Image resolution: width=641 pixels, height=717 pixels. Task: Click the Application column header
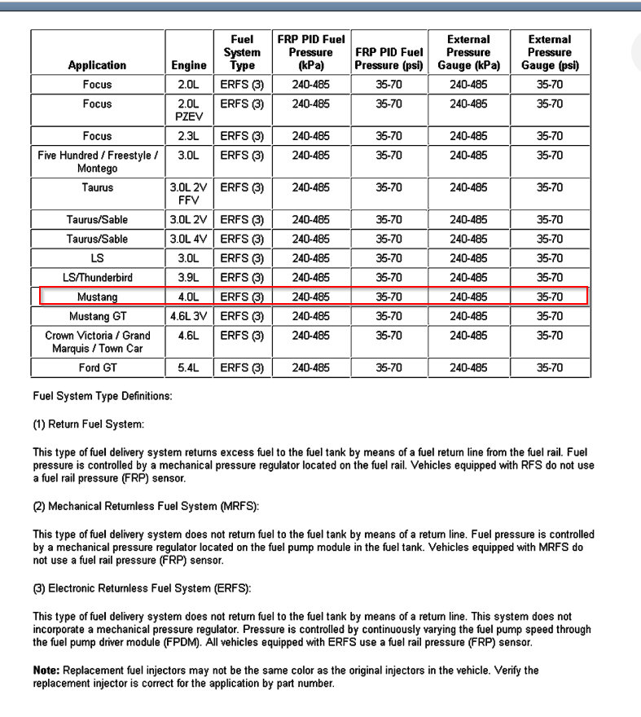coord(97,65)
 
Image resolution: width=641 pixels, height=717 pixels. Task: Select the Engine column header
coord(189,65)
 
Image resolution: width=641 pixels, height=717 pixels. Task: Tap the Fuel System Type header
coord(242,52)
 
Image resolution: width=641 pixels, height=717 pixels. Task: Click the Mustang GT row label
coord(97,316)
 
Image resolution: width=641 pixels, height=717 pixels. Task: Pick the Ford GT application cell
coord(97,368)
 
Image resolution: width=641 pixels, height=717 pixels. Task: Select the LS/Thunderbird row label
coord(97,278)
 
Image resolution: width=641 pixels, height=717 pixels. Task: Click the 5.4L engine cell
coord(189,368)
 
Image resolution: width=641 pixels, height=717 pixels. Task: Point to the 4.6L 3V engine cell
coord(189,316)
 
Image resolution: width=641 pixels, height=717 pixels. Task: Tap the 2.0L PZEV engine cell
coord(189,110)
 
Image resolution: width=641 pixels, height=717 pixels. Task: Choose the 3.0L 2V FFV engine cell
coord(189,194)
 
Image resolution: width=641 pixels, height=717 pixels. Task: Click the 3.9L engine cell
coord(189,278)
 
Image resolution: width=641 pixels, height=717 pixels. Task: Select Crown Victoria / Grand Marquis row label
coord(97,342)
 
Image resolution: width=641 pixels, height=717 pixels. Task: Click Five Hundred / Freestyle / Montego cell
coord(97,161)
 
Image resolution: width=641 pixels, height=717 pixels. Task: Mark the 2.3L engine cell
coord(189,136)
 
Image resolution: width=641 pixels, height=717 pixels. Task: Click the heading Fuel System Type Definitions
coord(103,397)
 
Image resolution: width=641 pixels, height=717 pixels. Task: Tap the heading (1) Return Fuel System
coord(88,424)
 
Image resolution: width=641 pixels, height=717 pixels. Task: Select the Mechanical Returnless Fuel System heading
coord(146,506)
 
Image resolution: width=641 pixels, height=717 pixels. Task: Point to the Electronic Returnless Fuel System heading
coord(143,588)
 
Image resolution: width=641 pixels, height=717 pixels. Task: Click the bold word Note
coord(46,671)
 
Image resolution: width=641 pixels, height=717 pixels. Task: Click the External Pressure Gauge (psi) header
coord(549,52)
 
